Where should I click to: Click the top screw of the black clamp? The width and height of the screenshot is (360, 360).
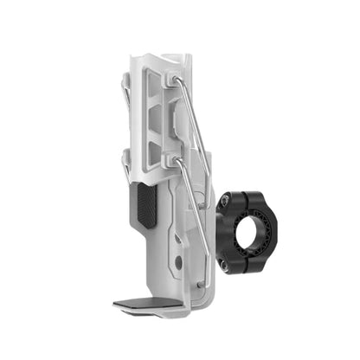223,201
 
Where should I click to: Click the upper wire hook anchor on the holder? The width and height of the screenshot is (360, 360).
177,80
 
